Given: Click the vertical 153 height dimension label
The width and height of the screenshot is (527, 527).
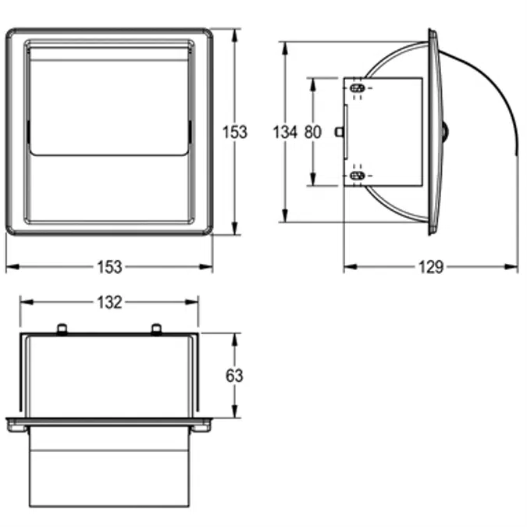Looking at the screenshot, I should click(x=235, y=132).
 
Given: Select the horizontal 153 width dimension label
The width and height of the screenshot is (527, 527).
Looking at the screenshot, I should click(x=109, y=267).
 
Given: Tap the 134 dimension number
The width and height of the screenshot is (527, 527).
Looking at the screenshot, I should click(x=285, y=132).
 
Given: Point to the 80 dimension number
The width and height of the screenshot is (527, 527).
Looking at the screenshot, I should click(x=312, y=132).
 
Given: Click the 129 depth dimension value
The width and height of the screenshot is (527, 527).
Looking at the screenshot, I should click(x=429, y=267).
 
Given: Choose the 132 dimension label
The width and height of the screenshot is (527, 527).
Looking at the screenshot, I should click(x=109, y=302).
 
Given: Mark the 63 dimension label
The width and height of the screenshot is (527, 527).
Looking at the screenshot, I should click(x=234, y=376).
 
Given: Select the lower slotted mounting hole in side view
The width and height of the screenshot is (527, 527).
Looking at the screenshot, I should click(x=358, y=177).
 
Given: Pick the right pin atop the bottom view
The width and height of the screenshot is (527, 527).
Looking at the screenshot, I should click(x=155, y=329).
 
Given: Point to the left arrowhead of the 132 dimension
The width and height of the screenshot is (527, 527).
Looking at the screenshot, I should click(x=24, y=302).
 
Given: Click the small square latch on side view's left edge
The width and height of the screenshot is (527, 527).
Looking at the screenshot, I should click(x=340, y=132).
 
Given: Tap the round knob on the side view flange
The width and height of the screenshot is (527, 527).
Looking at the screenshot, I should click(x=446, y=132).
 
